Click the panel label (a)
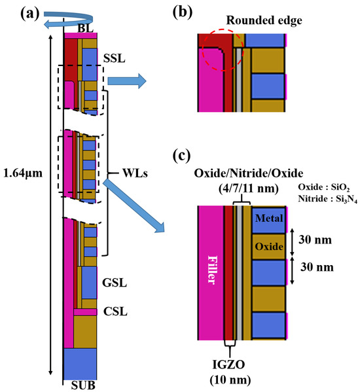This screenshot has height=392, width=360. click(15, 10)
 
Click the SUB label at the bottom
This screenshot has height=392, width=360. click(82, 385)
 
